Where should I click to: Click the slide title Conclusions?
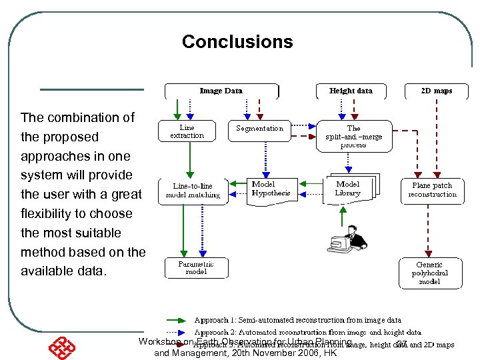click(237, 42)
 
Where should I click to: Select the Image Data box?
click(221, 91)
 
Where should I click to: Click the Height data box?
click(351, 91)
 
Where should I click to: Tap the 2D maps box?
click(436, 91)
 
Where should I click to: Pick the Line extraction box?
click(187, 131)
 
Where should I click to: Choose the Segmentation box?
click(259, 129)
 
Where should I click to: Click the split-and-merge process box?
click(354, 136)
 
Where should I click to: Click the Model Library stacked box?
click(348, 189)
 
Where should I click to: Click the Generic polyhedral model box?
click(429, 273)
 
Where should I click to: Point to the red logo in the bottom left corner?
click(62, 346)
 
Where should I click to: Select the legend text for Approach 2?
click(307, 331)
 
